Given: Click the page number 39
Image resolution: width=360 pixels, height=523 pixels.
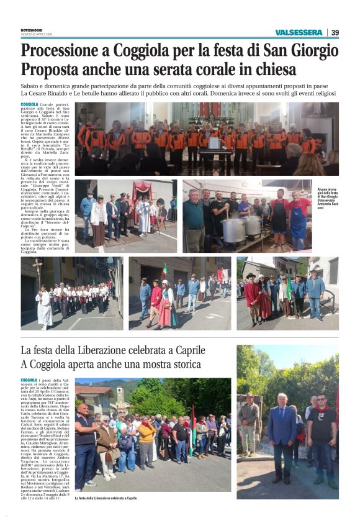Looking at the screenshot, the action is pos(335,32).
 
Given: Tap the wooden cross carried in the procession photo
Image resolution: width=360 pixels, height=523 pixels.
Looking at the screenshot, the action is pos(40,276).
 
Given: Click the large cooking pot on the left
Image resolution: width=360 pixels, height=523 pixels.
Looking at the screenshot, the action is pos(234,229).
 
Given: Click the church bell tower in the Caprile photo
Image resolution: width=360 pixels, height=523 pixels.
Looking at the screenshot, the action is pos(120,397).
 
